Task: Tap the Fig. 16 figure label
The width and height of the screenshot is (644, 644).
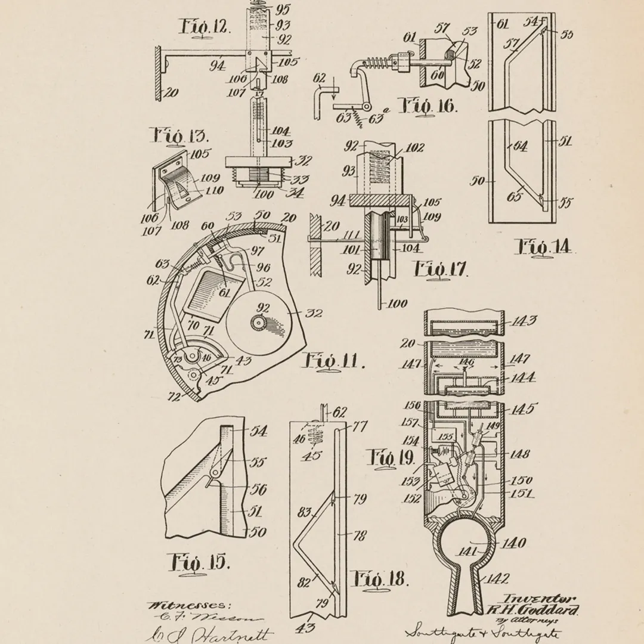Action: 428,107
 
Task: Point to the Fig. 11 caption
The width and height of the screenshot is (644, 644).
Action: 334,361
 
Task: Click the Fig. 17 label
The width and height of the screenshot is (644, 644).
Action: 441,269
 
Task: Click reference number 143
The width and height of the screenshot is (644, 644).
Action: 524,321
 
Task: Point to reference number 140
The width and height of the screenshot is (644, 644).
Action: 513,543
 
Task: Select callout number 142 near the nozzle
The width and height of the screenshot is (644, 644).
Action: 498,578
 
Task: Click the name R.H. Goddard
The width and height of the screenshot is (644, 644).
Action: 533,609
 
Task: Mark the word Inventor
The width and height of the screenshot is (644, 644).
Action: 539,599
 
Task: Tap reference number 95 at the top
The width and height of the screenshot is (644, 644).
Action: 281,10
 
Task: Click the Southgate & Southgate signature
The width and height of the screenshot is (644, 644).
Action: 483,631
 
